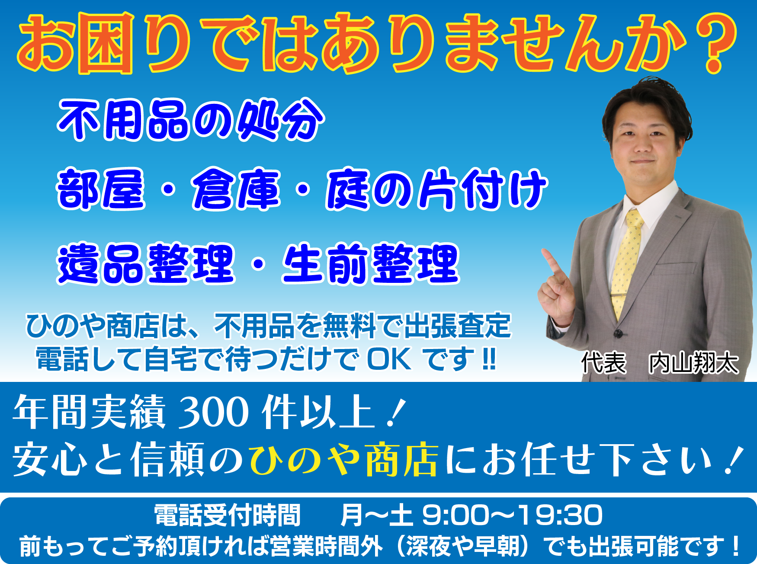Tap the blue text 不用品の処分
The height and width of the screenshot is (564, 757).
coord(191,120)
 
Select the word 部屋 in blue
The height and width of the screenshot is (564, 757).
coord(101,189)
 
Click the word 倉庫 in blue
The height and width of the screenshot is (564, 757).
coord(236,189)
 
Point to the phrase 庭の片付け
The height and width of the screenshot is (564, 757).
coord(436,189)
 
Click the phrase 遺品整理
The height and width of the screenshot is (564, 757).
coord(146,263)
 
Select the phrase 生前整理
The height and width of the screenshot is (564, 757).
coord(371,263)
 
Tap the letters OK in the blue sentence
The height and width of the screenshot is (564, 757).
coord(389,359)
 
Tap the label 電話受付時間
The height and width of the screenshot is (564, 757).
coord(228,515)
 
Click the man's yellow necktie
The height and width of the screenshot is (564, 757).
coord(627,264)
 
